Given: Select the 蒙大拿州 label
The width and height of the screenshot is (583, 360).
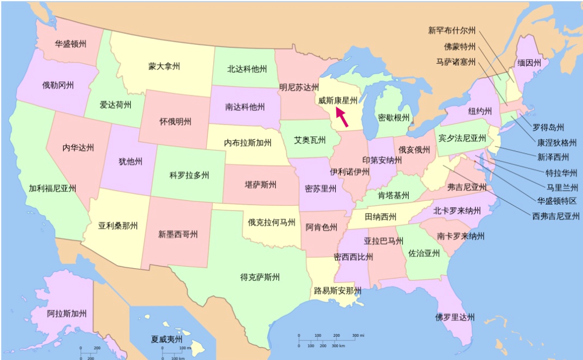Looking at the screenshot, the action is pos(164,66).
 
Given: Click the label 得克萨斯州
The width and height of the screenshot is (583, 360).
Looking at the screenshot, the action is pos(260,277).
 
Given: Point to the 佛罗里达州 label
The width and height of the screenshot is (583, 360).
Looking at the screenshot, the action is pos(456,317).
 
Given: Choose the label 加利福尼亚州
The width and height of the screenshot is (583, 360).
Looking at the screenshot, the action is pos(52,188).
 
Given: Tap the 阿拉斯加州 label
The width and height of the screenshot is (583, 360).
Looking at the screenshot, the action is pos(67,314).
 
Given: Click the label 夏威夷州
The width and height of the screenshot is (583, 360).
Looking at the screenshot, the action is pos(167,339).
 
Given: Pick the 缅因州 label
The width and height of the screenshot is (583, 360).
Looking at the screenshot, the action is pos(529,63).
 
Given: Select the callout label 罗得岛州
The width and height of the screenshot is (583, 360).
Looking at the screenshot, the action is pos(548,128).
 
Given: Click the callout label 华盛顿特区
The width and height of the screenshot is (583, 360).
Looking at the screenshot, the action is pos(557,201).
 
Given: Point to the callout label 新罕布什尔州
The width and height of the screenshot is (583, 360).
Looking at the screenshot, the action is pos(452,31).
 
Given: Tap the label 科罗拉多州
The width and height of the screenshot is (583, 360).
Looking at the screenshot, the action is pos(189,175).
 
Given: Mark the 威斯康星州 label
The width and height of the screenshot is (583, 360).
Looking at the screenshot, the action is pos(338,100).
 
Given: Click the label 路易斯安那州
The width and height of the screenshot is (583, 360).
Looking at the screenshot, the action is pos(338,291).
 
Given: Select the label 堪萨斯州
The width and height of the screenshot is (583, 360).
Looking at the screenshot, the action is pos(257,185).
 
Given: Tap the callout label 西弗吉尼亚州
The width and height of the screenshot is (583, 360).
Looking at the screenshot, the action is pos(556,216).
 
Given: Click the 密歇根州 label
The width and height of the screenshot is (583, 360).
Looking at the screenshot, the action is pos(394,118).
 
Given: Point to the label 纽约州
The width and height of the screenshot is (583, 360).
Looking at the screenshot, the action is pos(480,111).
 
